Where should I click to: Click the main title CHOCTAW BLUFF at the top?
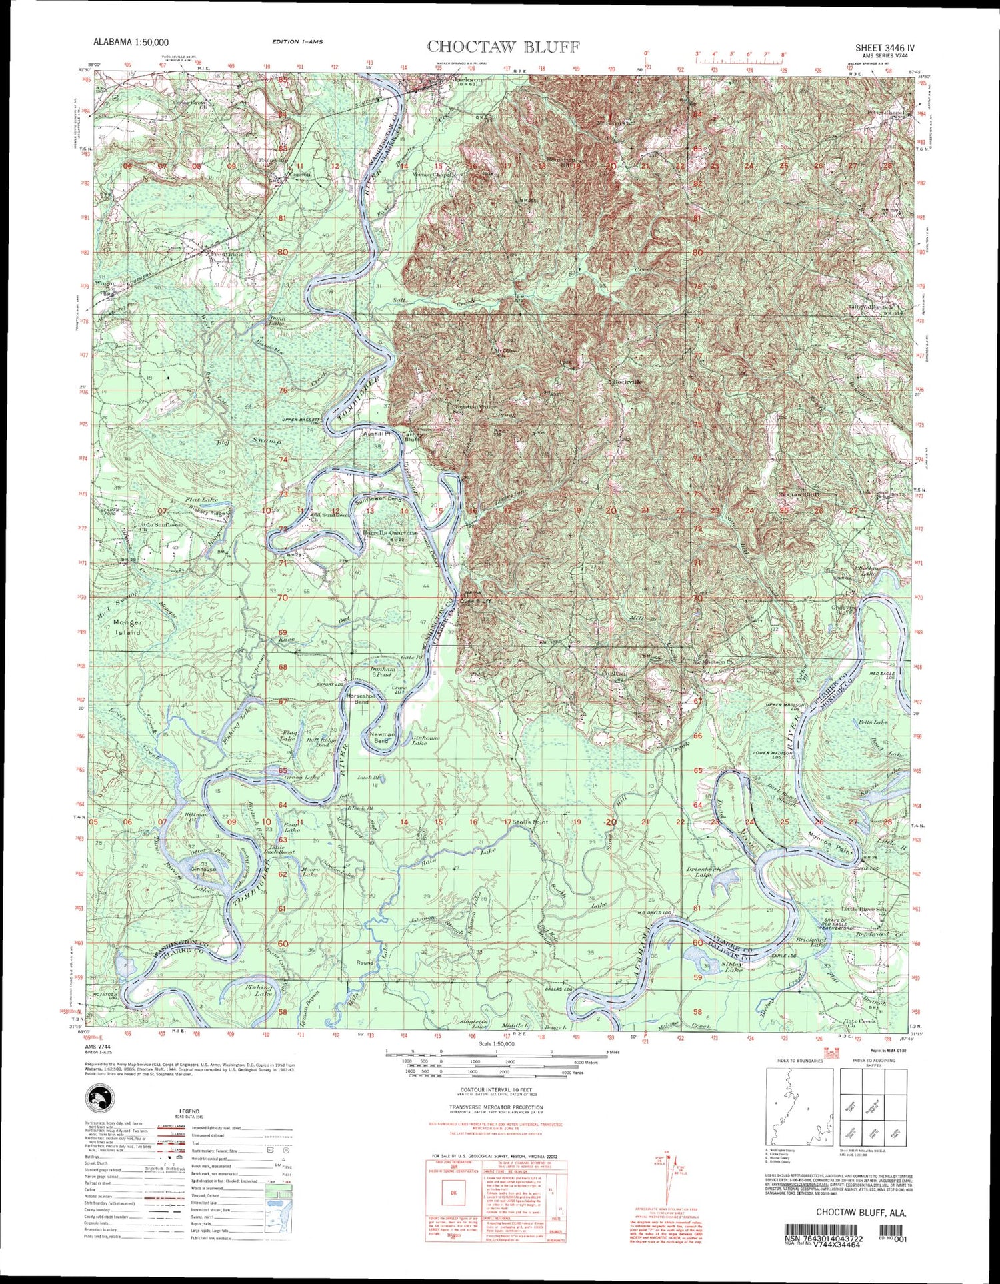503,47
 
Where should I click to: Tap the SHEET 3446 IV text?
885,48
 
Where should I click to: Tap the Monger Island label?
128,627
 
